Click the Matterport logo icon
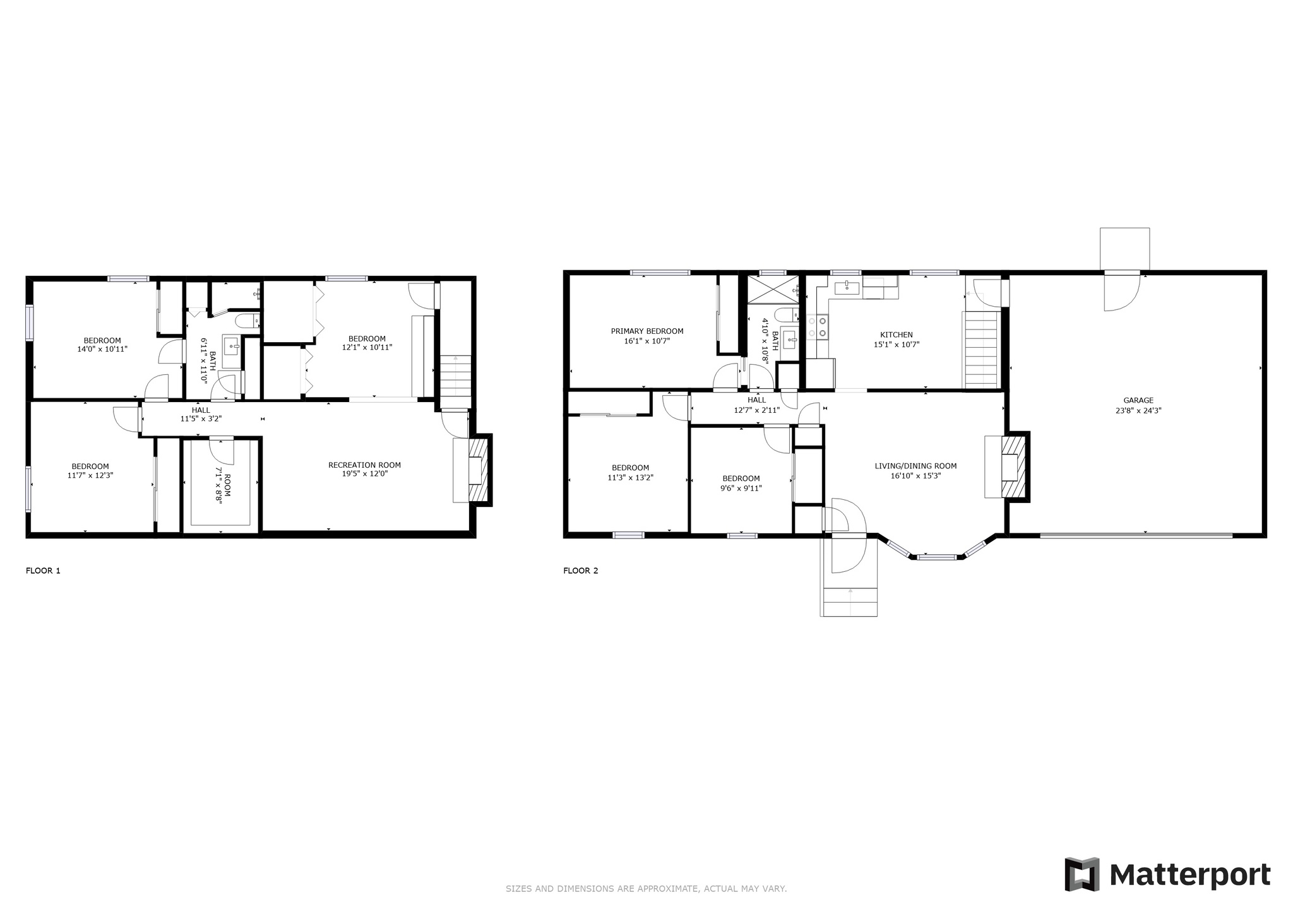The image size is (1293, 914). coord(1083,875)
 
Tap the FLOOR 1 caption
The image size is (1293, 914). coord(43,571)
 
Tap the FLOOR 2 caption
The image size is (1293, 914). coord(580,571)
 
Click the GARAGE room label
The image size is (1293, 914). coord(1138,400)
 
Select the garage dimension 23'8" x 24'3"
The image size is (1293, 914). coord(1138,410)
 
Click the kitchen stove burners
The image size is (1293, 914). coord(818,327)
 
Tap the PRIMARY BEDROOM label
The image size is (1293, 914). coord(647,331)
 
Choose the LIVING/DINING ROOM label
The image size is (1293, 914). coord(915,466)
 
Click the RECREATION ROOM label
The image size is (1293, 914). coord(364,465)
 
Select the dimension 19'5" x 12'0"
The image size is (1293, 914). coord(364,475)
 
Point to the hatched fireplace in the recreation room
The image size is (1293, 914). coord(480,470)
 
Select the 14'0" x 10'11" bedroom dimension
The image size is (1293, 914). coord(102,348)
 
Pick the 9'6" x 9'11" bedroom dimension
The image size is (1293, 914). coord(741,488)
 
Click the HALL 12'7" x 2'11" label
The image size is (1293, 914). coord(757,405)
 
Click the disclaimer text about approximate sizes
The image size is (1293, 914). coord(646,889)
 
